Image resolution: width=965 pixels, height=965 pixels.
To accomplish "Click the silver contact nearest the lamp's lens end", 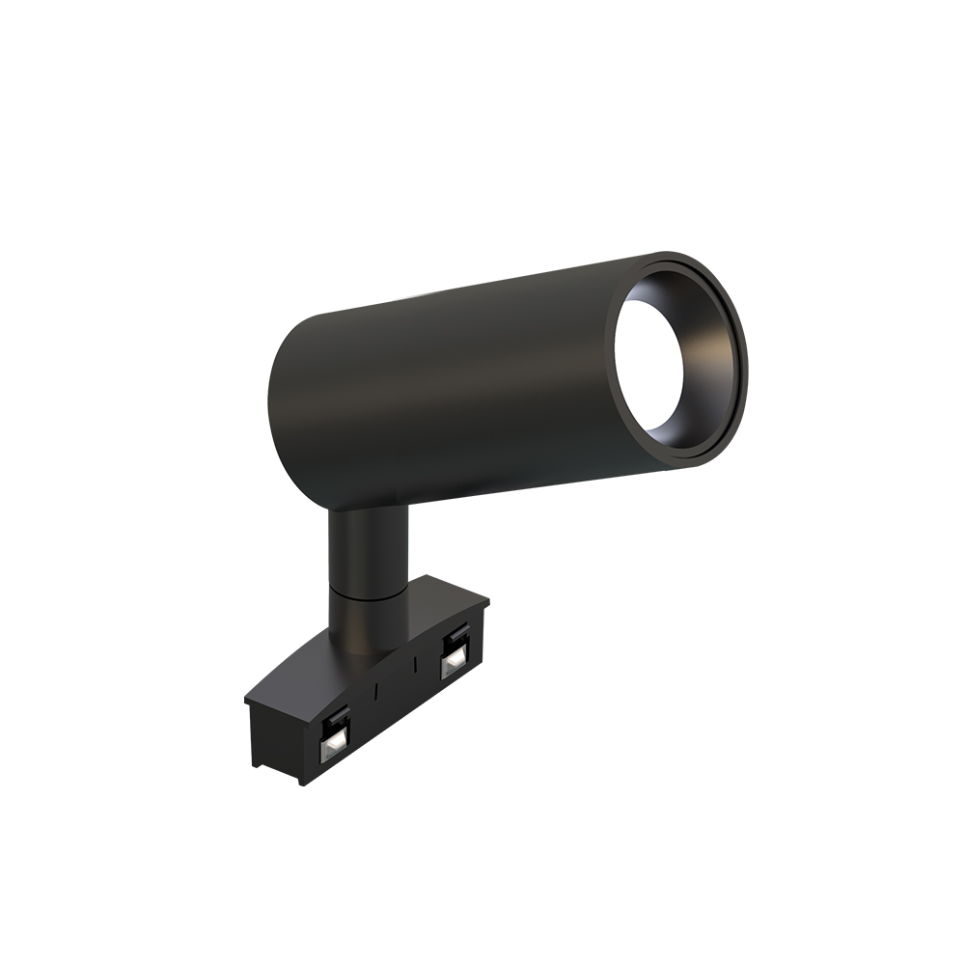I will point(452,662).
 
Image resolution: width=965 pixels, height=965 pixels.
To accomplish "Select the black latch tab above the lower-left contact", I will point(337,716).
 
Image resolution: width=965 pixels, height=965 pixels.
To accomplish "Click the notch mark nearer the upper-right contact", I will point(414,667).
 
